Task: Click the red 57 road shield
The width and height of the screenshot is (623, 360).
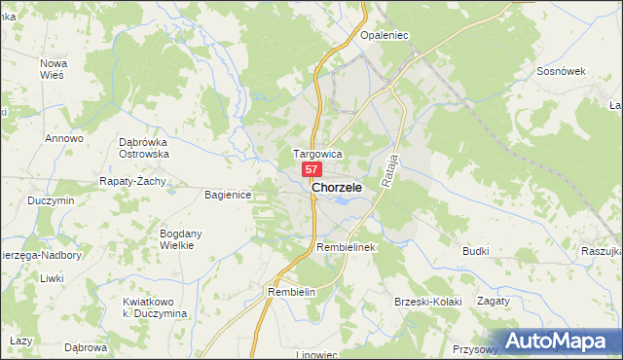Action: click(x=312, y=169)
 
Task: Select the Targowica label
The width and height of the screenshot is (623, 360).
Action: click(x=317, y=154)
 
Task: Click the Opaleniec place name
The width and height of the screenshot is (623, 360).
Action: click(x=384, y=35)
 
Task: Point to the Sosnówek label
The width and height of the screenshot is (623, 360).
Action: click(x=560, y=72)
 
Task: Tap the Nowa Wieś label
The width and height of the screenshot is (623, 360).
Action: click(x=53, y=69)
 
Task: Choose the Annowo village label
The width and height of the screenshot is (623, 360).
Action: click(x=64, y=138)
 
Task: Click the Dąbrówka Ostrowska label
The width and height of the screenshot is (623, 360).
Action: click(x=144, y=147)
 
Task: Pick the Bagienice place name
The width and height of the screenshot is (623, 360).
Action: click(x=228, y=195)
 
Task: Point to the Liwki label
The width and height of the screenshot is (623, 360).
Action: click(x=51, y=278)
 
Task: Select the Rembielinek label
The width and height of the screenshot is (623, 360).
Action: click(x=346, y=248)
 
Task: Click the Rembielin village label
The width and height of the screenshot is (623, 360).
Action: click(x=293, y=292)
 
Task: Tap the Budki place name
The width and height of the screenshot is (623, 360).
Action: click(x=475, y=251)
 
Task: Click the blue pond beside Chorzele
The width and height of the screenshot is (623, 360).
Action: click(x=341, y=201)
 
